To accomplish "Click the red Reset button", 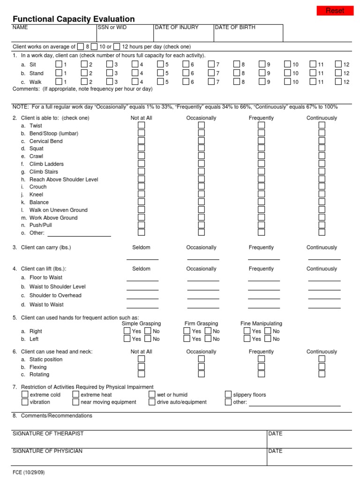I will click(335, 11).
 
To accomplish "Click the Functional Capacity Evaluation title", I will click(74, 19).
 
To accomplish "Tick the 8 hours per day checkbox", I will click(81, 46).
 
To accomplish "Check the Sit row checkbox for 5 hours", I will click(160, 64).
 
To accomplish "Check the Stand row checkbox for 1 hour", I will click(59, 73).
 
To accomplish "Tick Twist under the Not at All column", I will click(141, 126).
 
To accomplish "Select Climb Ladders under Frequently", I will click(261, 164).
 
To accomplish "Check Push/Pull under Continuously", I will click(322, 225).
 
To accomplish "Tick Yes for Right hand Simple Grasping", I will click(127, 331).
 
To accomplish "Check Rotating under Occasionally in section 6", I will click(201, 374).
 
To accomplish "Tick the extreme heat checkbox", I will click(76, 395).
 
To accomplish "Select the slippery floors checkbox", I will click(228, 395).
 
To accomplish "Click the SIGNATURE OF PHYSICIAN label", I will click(47, 451).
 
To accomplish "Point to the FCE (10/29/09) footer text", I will click(29, 472).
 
